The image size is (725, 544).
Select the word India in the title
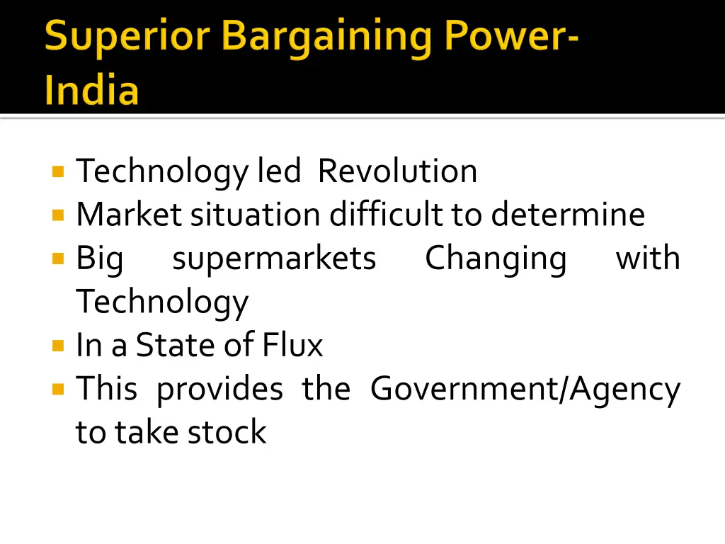click(91, 91)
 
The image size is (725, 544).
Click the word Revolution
click(397, 171)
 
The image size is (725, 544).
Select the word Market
click(129, 214)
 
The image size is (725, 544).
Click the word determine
click(567, 214)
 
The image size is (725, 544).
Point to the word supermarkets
click(274, 259)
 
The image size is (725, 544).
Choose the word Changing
click(496, 259)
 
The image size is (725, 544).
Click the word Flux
click(292, 345)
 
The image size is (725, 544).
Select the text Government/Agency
click(525, 390)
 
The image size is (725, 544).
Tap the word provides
click(219, 390)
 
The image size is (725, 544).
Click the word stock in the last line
click(227, 432)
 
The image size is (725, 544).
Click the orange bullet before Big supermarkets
click(58, 259)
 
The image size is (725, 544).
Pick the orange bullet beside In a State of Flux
click(58, 346)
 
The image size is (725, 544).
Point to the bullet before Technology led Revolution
click(58, 171)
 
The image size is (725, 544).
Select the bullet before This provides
click(58, 389)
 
